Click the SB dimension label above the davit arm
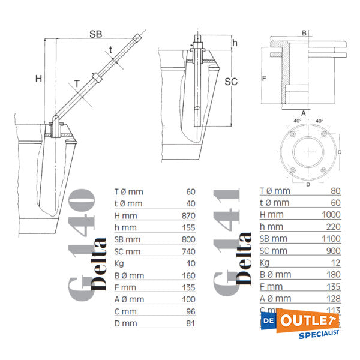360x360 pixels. pyautogui.click(x=95, y=34)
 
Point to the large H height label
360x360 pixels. pyautogui.click(x=38, y=79)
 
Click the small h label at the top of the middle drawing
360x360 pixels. pyautogui.click(x=235, y=43)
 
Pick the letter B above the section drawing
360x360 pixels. pyautogui.click(x=304, y=32)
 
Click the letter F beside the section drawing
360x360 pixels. pyautogui.click(x=263, y=79)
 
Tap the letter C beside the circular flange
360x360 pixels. pyautogui.click(x=340, y=152)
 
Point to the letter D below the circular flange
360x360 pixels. pyautogui.click(x=309, y=184)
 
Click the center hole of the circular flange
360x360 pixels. pyautogui.click(x=309, y=152)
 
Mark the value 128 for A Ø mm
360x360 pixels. pyautogui.click(x=333, y=298)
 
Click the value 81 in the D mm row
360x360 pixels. pyautogui.click(x=191, y=323)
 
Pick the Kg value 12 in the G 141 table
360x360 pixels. pyautogui.click(x=335, y=262)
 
